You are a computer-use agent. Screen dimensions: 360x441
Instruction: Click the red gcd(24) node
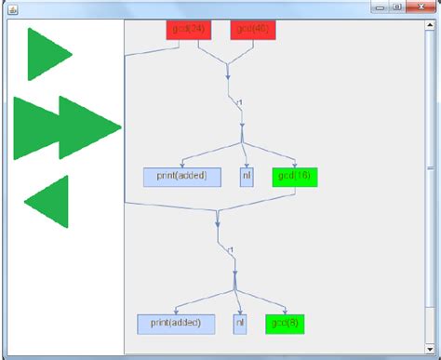tap(189, 30)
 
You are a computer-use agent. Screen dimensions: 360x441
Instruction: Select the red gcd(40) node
tap(253, 30)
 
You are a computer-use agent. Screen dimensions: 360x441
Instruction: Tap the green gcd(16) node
tap(295, 177)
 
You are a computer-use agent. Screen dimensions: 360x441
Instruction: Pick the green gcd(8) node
tap(285, 324)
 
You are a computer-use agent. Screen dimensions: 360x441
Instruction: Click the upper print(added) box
tap(181, 177)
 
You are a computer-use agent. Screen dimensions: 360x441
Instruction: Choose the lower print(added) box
tap(176, 324)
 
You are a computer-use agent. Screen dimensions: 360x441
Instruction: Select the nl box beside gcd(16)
tap(247, 177)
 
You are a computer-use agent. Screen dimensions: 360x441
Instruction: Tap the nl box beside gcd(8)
tap(240, 324)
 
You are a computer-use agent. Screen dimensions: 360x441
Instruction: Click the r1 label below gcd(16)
tap(228, 248)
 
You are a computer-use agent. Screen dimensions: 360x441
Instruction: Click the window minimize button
tap(381, 7)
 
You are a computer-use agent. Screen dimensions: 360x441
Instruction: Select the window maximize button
tap(396, 7)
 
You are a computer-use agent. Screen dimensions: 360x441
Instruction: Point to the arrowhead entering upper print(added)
tap(183, 166)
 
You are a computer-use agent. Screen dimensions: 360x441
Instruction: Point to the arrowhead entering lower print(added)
tap(176, 313)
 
